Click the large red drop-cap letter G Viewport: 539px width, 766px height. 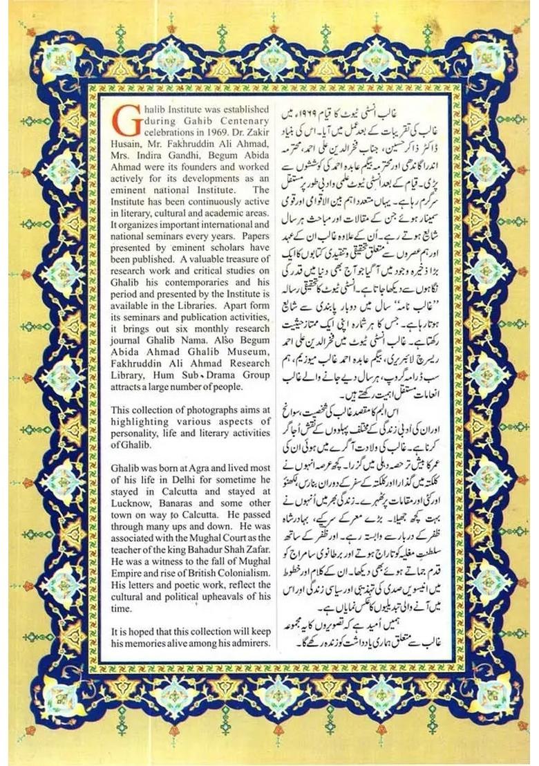coord(122,119)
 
